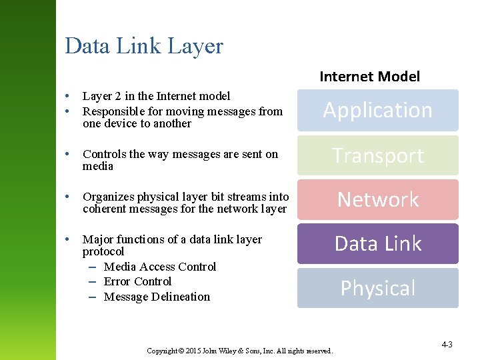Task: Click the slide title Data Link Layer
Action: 144,46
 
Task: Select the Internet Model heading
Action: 369,76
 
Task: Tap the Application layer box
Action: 378,110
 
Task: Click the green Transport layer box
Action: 378,155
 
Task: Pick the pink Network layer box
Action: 378,199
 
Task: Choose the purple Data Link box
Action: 378,243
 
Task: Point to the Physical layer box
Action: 378,288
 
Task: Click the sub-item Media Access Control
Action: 160,267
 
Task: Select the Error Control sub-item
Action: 137,281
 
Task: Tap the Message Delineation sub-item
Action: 157,297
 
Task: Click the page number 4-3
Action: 447,345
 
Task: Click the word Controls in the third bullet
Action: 104,154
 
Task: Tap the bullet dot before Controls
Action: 69,154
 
